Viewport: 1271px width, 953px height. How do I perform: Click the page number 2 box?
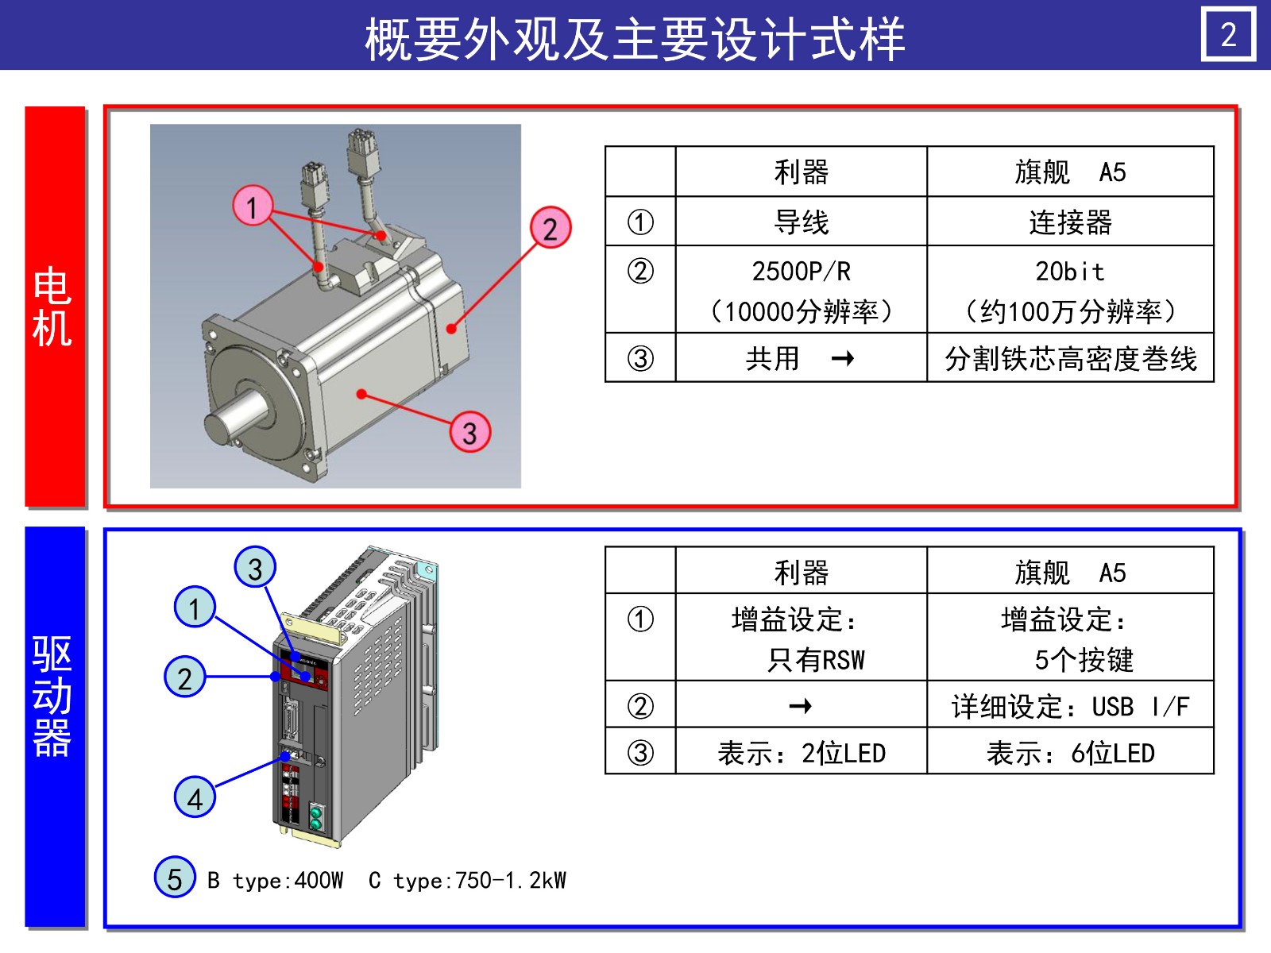1228,35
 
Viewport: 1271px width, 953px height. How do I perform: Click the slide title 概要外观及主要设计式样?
635,38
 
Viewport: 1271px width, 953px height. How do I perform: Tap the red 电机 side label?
54,307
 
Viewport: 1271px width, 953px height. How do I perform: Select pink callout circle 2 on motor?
551,229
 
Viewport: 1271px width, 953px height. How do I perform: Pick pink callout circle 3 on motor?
469,433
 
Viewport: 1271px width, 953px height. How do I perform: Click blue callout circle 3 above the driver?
255,567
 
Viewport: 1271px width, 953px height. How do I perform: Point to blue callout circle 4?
195,797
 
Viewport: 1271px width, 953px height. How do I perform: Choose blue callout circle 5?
175,878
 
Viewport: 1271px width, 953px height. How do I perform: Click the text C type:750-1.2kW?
467,881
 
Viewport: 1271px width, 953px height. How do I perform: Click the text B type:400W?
275,881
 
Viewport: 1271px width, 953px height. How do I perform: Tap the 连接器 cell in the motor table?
1070,222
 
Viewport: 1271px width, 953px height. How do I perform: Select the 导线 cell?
801,222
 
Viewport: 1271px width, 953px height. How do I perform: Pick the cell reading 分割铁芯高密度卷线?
1070,359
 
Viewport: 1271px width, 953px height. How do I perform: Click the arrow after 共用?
843,359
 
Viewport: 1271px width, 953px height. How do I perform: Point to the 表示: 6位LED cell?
1070,752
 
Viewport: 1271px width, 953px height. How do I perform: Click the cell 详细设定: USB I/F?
1070,706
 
